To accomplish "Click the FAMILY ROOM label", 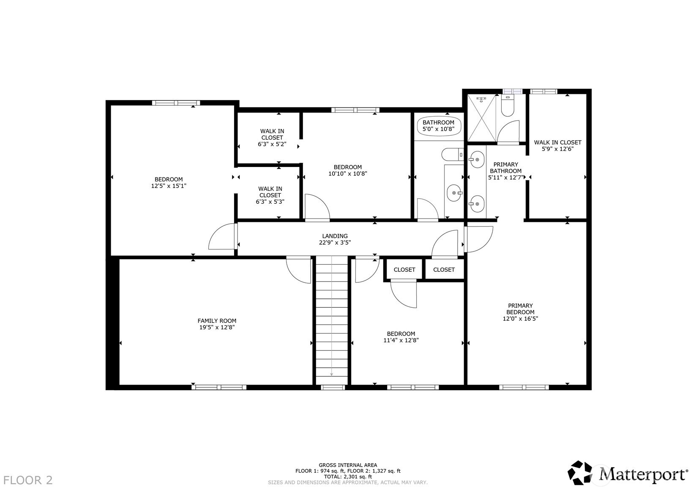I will (x=217, y=321).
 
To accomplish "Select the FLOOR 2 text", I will (x=28, y=480).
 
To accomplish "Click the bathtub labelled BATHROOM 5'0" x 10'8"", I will (x=438, y=126).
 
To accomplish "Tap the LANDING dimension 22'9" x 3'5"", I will (x=335, y=243).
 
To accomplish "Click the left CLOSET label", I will (x=404, y=270).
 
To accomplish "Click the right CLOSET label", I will (x=444, y=270).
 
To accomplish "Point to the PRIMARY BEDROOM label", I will (x=520, y=309).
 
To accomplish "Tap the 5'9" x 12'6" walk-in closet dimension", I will (x=557, y=149).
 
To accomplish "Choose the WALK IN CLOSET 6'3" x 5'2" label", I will (x=272, y=137).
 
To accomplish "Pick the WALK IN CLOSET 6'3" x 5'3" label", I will (x=270, y=195).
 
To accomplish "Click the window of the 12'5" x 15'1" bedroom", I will (x=175, y=103).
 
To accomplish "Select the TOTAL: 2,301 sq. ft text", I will (x=348, y=476).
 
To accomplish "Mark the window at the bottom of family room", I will (x=219, y=387).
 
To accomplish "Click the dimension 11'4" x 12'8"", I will (x=401, y=340).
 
